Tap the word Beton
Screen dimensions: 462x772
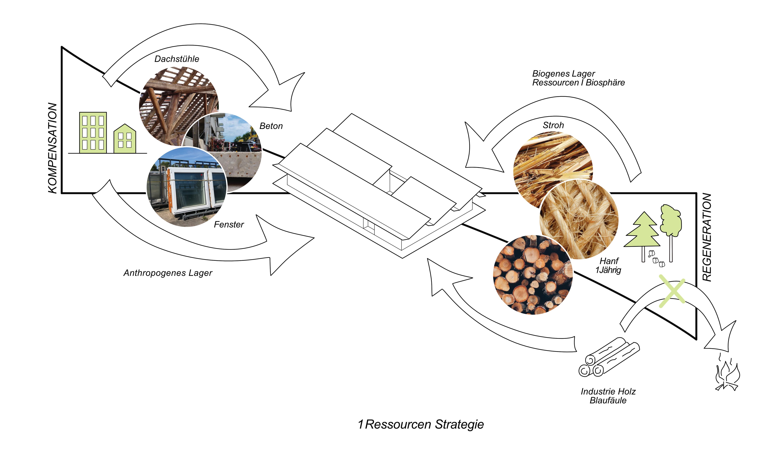(271, 126)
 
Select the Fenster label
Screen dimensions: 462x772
(229, 224)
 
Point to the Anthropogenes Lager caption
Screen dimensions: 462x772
(168, 273)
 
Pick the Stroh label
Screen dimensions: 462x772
(553, 125)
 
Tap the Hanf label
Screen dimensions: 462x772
(609, 261)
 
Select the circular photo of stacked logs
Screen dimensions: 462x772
(533, 275)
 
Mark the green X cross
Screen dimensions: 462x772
(672, 291)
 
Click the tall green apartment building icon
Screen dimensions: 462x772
(93, 133)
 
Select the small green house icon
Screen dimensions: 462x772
(125, 139)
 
